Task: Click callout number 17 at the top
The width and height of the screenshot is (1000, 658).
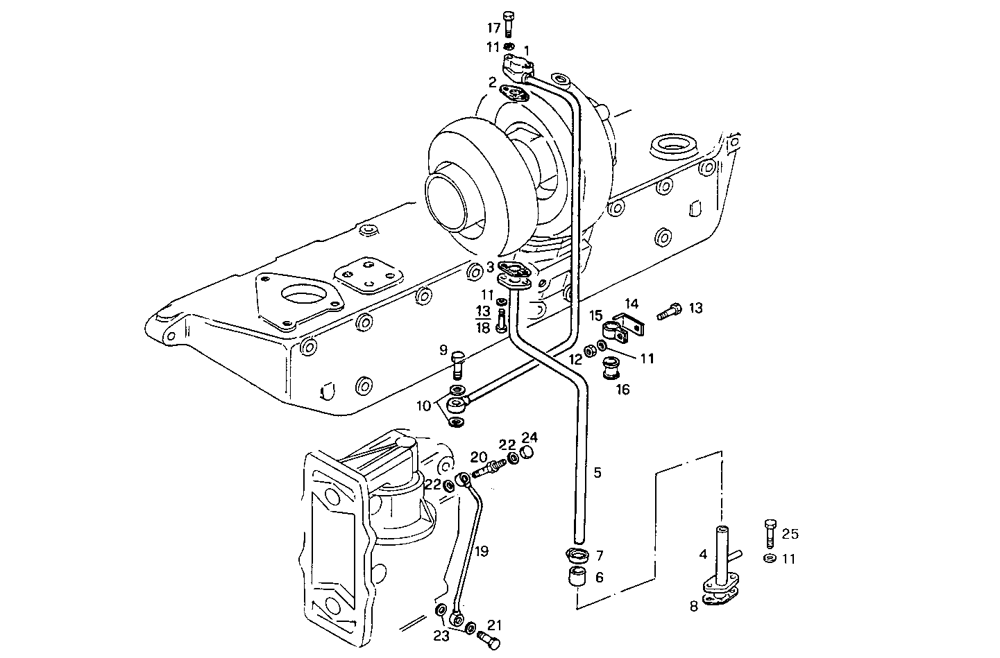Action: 493,28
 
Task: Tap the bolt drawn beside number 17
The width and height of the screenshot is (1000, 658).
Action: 509,24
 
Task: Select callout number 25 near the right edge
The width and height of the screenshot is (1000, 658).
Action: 790,534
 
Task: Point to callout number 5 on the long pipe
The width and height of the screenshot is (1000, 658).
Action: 597,473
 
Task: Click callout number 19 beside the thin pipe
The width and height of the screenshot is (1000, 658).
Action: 482,551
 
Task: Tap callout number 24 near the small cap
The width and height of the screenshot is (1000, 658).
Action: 529,437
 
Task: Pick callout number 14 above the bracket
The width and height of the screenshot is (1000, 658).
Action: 630,303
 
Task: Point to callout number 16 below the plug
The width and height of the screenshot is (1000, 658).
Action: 622,390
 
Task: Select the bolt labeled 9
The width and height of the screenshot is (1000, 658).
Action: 457,364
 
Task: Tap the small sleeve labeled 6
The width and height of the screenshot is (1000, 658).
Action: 577,577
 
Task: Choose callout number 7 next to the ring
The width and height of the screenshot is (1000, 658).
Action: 600,555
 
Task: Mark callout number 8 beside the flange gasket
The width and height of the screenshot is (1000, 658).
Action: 694,606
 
